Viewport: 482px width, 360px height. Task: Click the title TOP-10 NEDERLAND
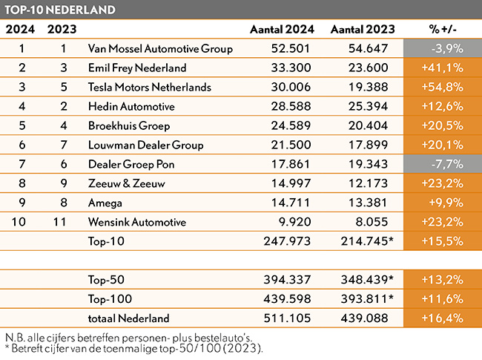[x=60, y=10]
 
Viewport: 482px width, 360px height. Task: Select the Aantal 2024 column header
[x=282, y=29]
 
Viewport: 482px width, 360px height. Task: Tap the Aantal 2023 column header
[x=363, y=29]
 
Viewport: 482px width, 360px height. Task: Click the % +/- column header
[x=443, y=29]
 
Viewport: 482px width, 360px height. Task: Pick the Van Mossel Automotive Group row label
[x=160, y=48]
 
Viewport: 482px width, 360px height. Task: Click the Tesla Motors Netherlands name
[x=149, y=87]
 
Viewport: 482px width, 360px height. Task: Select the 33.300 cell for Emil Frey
[x=291, y=68]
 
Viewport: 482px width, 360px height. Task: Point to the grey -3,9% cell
[x=443, y=48]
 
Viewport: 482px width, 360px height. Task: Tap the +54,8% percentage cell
[x=443, y=87]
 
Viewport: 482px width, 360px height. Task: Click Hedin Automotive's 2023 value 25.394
[x=368, y=106]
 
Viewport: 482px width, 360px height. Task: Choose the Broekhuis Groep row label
[x=129, y=126]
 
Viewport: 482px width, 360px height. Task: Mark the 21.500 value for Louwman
[x=291, y=145]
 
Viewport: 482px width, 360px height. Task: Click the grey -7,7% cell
[x=443, y=164]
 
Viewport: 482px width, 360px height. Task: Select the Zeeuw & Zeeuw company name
[x=126, y=183]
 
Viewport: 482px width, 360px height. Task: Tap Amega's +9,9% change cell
[x=443, y=203]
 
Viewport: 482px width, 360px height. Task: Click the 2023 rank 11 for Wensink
[x=59, y=222]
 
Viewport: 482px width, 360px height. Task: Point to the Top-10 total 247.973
[x=287, y=241]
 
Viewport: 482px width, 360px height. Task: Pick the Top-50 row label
[x=106, y=280]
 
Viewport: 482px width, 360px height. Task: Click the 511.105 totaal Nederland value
[x=287, y=318]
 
